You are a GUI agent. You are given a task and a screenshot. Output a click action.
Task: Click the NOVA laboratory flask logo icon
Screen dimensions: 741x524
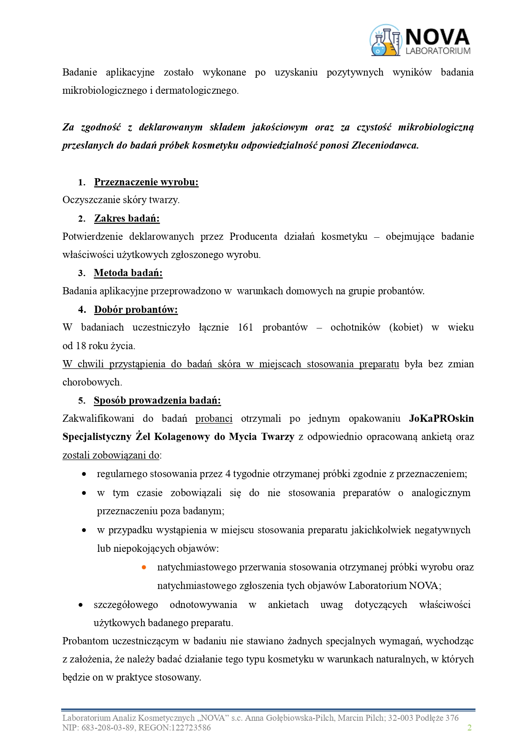[385, 41]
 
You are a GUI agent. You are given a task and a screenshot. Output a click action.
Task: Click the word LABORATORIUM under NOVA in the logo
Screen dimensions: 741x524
[438, 51]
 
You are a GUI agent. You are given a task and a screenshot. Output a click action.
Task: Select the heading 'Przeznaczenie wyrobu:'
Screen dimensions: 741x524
[146, 182]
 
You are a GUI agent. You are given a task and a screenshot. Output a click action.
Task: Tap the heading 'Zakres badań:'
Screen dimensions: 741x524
[127, 218]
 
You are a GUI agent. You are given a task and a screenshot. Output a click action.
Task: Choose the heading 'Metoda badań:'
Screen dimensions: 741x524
[128, 273]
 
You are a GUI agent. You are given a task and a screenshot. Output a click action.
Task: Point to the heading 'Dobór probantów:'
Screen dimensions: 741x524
[136, 309]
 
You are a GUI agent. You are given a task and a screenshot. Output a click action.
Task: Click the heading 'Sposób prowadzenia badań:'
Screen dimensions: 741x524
[157, 400]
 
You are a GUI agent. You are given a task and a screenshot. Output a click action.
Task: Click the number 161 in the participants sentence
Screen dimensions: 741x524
[245, 327]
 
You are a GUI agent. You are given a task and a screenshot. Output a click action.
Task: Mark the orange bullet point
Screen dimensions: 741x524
[144, 567]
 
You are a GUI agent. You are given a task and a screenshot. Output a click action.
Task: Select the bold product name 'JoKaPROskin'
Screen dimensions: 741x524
[441, 418]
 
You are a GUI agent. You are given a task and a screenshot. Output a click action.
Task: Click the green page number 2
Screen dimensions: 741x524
[469, 727]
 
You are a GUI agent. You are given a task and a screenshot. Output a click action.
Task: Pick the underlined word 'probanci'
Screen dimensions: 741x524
[214, 418]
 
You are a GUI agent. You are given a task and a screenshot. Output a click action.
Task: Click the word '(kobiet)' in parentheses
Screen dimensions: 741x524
[406, 327]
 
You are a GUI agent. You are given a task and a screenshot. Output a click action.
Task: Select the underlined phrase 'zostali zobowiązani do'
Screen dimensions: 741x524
[111, 455]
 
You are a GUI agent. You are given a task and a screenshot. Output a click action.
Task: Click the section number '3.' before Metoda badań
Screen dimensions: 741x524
[82, 273]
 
